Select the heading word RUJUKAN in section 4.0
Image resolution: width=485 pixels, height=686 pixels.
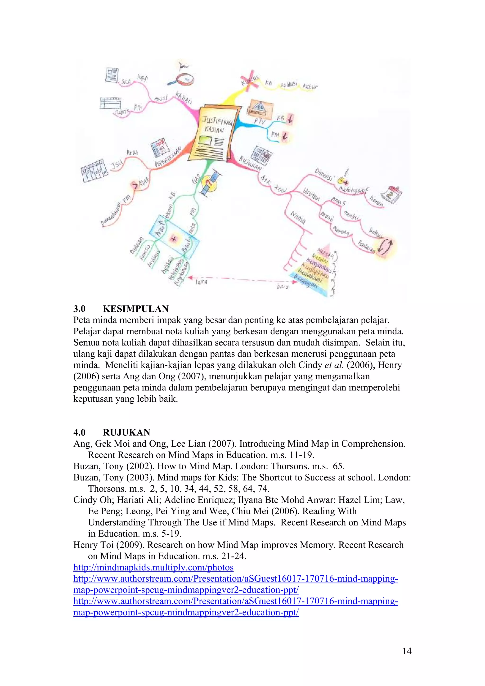(126, 432)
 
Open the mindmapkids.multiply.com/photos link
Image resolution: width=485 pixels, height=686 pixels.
(153, 567)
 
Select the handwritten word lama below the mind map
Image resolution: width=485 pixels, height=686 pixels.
(201, 282)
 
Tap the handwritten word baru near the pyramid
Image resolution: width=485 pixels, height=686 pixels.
(282, 287)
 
